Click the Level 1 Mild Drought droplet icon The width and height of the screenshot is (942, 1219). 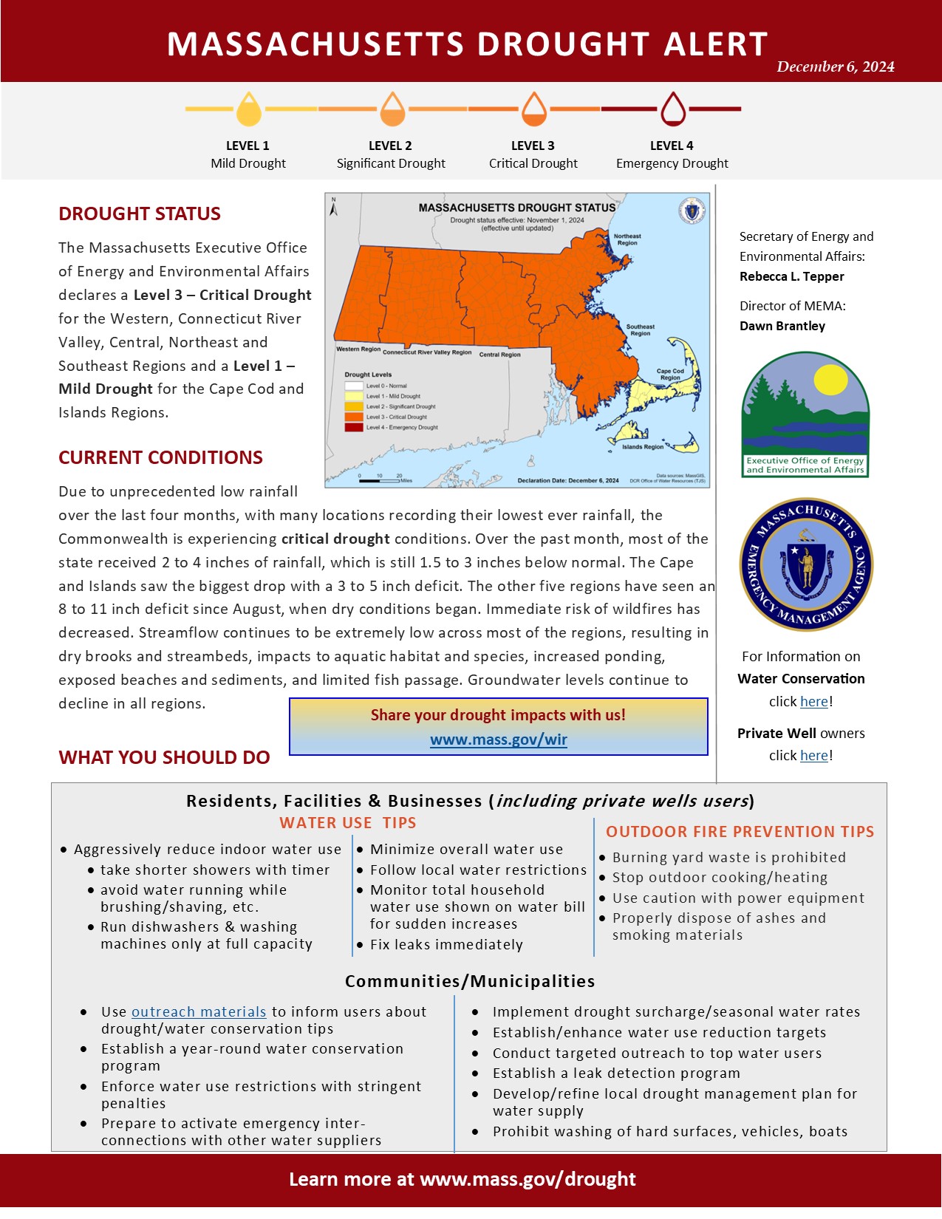pos(249,109)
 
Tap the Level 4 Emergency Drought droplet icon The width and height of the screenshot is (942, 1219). pos(672,109)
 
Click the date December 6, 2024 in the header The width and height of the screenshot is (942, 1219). pos(835,66)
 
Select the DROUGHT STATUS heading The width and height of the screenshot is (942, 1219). pos(140,214)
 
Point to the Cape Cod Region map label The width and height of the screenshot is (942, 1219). pos(670,375)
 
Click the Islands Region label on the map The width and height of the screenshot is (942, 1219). pos(642,447)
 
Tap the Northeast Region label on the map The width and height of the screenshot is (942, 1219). pos(627,239)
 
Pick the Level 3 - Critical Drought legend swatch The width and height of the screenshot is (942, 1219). pos(354,417)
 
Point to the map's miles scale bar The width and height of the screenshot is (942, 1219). pos(380,481)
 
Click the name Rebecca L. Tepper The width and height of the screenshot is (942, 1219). pos(791,276)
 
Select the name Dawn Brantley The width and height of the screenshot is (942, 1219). pos(782,326)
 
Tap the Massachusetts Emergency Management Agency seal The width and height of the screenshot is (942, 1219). pos(806,564)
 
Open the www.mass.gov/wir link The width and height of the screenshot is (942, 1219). pos(499,740)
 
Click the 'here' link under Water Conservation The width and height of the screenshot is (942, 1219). pos(813,702)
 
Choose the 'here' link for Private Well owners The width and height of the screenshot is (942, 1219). pos(813,756)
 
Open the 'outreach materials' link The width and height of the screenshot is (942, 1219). pos(199,1012)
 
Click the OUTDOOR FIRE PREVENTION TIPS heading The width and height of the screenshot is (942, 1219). pos(740,832)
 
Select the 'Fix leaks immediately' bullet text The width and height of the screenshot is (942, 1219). pos(446,945)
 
